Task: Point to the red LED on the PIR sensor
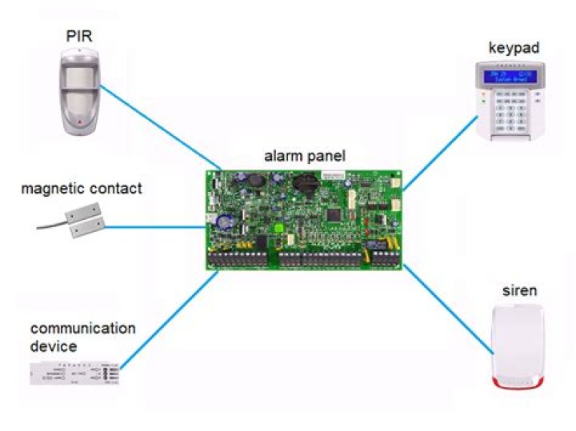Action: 81,122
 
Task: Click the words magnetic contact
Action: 82,190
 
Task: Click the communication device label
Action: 83,337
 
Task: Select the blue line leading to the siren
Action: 448,308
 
